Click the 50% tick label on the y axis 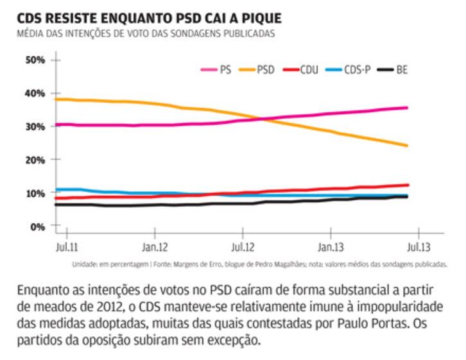tap(33, 60)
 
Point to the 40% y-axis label tap(33, 93)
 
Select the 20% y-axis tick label tap(33, 159)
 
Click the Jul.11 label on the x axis tap(62, 246)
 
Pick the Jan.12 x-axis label tap(155, 246)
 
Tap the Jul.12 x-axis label tap(241, 246)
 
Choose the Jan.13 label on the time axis tap(330, 246)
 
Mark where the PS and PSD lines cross tap(259, 118)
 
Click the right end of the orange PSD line tap(407, 146)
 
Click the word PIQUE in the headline tap(256, 17)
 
